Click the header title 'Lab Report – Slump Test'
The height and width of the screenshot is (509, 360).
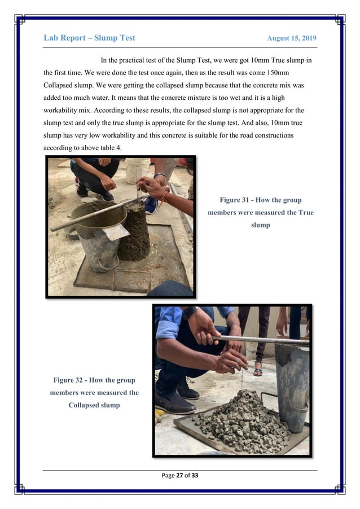pos(89,38)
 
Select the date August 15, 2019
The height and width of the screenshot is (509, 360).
pos(291,38)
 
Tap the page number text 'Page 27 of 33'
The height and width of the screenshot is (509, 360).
pos(179,476)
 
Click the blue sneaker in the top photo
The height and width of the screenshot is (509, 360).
pos(151,204)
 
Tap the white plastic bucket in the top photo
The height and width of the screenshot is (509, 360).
pos(137,170)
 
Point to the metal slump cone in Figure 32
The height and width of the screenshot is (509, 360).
pos(292,384)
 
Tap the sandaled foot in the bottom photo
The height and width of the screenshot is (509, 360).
pos(258,371)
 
